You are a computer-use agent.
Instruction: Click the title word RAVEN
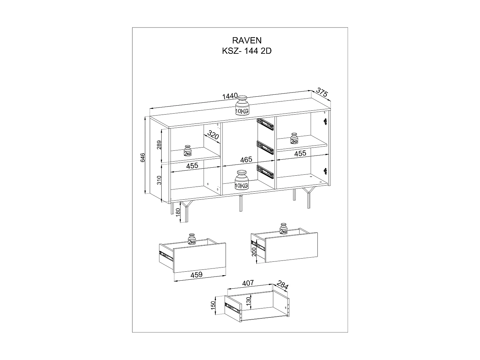coord(247,40)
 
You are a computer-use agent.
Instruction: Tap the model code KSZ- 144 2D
coord(247,51)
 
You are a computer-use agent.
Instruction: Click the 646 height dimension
coord(143,158)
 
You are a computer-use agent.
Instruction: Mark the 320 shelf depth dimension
coord(213,135)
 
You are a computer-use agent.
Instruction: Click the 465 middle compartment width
coord(246,159)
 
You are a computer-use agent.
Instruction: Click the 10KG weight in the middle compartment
coord(242,180)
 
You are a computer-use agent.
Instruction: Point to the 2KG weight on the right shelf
coord(294,139)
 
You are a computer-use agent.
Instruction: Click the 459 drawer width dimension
coord(196,274)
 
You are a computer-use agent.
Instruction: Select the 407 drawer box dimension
coord(248,283)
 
